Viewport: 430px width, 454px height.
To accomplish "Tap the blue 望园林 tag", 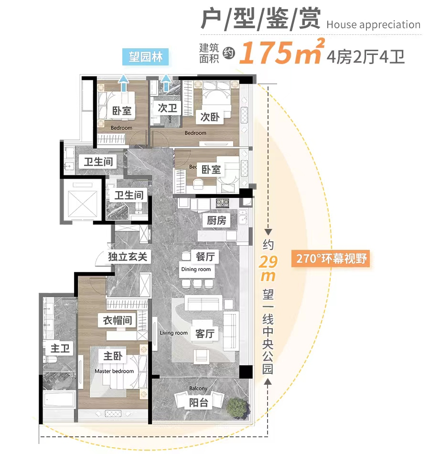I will pyautogui.click(x=146, y=58).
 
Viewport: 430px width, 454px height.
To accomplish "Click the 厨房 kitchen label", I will pyautogui.click(x=216, y=220).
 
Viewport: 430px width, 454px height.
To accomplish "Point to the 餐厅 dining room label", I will pyautogui.click(x=205, y=257).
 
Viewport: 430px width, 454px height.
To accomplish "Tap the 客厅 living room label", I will pyautogui.click(x=204, y=334).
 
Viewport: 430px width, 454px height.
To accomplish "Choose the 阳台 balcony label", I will pyautogui.click(x=199, y=402).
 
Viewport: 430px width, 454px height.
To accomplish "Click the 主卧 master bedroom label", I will pyautogui.click(x=113, y=356).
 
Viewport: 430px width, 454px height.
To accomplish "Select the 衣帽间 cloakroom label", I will pyautogui.click(x=118, y=320).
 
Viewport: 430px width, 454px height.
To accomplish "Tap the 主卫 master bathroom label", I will pyautogui.click(x=60, y=348).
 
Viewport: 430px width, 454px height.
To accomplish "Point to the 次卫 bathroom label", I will pyautogui.click(x=167, y=108).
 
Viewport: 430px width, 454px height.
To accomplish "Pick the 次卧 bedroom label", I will pyautogui.click(x=209, y=116).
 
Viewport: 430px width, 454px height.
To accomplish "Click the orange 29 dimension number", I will pyautogui.click(x=268, y=262).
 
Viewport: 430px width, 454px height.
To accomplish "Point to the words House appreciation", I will pyautogui.click(x=374, y=25).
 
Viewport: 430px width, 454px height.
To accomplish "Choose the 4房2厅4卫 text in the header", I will pyautogui.click(x=366, y=57).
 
